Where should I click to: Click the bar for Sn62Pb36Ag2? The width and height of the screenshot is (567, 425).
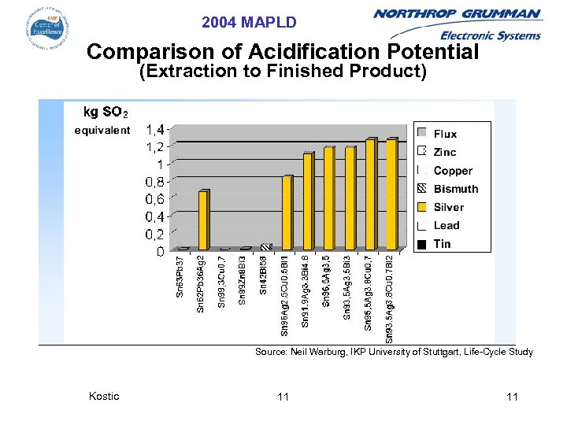204,220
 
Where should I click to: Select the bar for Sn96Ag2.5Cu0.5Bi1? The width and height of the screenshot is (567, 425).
287,213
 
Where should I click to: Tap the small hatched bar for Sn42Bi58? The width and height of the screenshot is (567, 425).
266,247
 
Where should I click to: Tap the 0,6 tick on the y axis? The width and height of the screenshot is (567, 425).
154,199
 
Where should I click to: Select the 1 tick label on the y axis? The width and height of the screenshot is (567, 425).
160,164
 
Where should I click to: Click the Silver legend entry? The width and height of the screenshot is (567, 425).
448,207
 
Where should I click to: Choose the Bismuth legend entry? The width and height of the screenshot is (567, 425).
455,189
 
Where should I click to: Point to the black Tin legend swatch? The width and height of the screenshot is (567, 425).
423,244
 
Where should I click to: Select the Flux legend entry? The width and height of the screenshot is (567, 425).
445,134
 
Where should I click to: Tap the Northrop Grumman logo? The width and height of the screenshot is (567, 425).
457,24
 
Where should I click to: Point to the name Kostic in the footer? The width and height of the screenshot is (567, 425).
104,396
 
